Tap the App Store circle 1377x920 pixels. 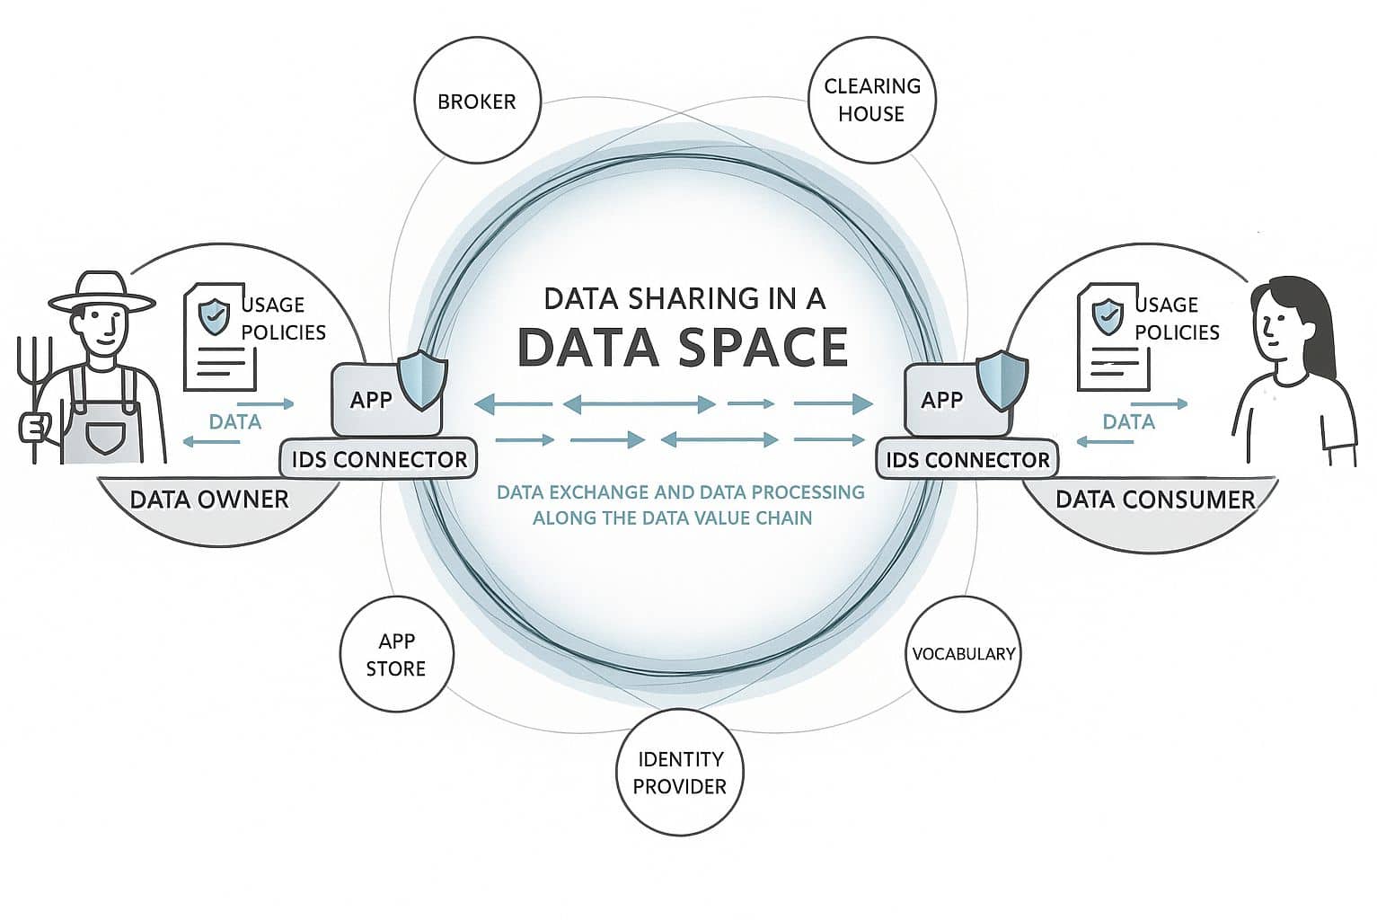pos(396,654)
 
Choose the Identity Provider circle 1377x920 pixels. pos(680,772)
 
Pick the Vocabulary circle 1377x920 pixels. pos(963,653)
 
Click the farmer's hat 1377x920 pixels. pos(101,293)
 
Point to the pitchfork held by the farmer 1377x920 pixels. pos(34,395)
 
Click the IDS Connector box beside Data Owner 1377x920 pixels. pos(379,459)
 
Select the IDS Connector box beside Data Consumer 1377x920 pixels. pos(967,459)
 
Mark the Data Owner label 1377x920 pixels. pos(209,500)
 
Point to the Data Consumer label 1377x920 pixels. pos(1154,500)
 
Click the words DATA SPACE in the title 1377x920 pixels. pos(683,347)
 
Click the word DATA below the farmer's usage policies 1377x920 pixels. pos(234,421)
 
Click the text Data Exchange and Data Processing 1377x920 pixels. pos(680,492)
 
